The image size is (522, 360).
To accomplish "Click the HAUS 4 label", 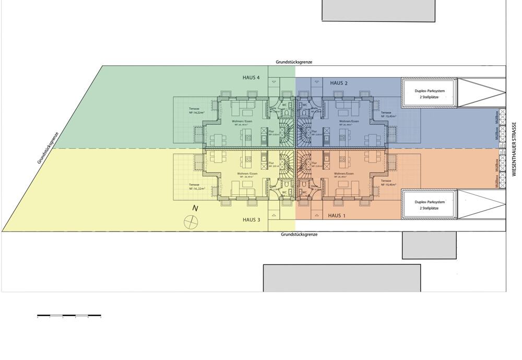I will coord(251,77).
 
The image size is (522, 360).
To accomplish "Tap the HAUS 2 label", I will coord(339,83).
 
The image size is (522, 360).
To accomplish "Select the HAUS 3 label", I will coord(251,219).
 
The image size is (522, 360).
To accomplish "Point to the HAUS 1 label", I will coord(337,215).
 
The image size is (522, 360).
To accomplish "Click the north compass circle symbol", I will coord(192,222).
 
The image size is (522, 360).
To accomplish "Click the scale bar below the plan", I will coord(69,316).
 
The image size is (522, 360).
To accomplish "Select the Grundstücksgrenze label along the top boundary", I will coord(294,62).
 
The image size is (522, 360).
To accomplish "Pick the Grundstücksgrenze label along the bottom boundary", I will coord(299,235).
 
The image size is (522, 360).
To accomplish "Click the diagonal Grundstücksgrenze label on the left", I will coord(49,147).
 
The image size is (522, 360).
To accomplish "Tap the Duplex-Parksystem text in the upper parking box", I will coord(430,91).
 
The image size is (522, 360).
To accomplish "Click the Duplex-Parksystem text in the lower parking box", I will coord(430,202).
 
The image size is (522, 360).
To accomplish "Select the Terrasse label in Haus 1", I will coord(387,180).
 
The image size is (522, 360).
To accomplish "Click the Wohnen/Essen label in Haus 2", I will coord(348,121).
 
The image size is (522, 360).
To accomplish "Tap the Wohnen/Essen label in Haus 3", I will coord(247,173).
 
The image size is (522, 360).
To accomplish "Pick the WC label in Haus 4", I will coord(284,104).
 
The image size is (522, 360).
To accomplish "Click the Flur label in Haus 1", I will coord(314,163).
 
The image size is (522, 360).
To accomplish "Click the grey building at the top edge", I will coord(378,10).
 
